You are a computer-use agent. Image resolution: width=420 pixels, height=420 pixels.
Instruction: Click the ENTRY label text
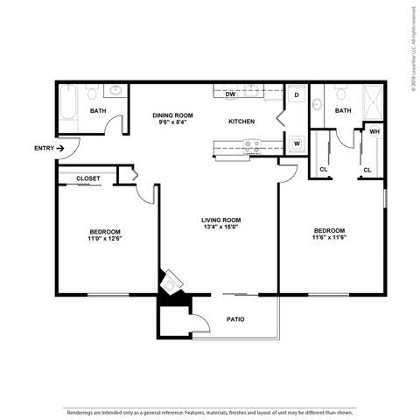coord(44,148)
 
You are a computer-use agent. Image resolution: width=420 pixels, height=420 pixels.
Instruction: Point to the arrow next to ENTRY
coord(60,148)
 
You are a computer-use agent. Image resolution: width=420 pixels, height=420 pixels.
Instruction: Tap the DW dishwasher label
coord(231,94)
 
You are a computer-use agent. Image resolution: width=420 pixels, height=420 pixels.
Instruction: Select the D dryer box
coord(297,94)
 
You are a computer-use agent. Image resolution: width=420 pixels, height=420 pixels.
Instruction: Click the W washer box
coord(297,143)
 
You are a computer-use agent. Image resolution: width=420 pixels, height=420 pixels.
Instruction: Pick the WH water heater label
coord(374,131)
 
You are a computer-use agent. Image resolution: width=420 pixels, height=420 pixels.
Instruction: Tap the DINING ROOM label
coord(172,115)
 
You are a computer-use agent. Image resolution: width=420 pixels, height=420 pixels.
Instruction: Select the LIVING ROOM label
coord(221,220)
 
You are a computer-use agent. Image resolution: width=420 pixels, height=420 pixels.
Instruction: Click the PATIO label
coord(235,318)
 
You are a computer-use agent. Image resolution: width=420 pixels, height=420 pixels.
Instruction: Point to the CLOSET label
coord(87,178)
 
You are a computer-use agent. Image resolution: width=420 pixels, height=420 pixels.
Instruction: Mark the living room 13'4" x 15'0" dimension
coord(221,227)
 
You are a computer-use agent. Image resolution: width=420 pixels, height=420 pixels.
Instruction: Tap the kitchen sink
coord(250,144)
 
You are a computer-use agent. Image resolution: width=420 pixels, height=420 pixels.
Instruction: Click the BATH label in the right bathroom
coord(342,110)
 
